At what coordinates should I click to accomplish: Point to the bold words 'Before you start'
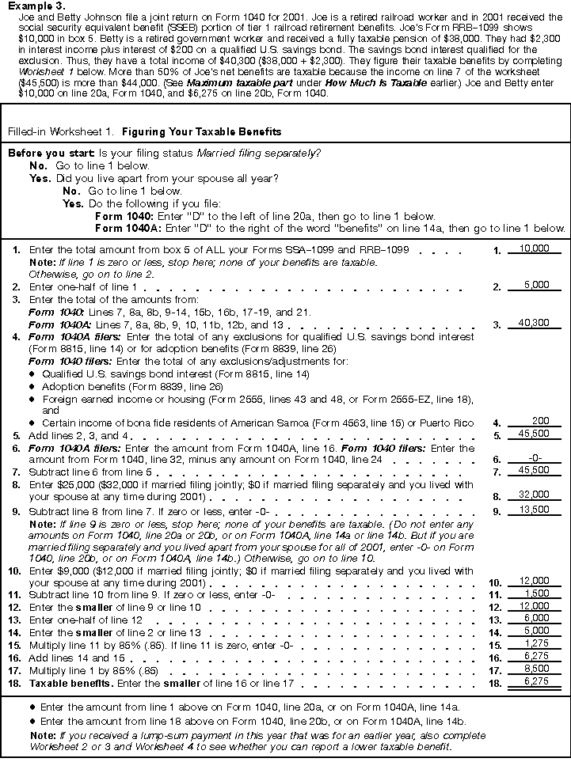point(44,153)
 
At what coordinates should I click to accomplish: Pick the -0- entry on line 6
point(535,458)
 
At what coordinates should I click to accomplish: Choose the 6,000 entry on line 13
point(535,616)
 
